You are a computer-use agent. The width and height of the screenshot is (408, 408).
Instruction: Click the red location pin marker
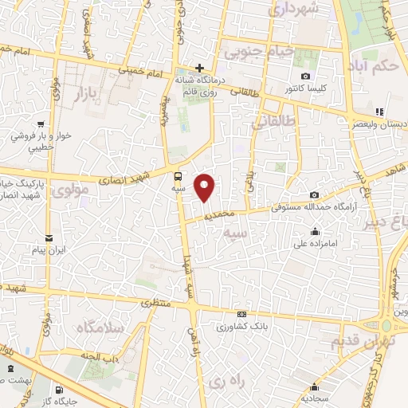click(x=206, y=187)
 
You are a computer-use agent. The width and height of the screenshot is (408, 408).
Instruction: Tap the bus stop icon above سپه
click(x=177, y=177)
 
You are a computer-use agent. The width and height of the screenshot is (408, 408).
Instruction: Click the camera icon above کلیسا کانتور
click(x=306, y=75)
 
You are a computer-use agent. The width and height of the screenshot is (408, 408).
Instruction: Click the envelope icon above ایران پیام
click(x=49, y=238)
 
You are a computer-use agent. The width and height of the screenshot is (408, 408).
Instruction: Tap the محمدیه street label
click(x=218, y=215)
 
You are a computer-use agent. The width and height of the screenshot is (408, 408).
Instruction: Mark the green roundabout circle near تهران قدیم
click(x=386, y=326)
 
